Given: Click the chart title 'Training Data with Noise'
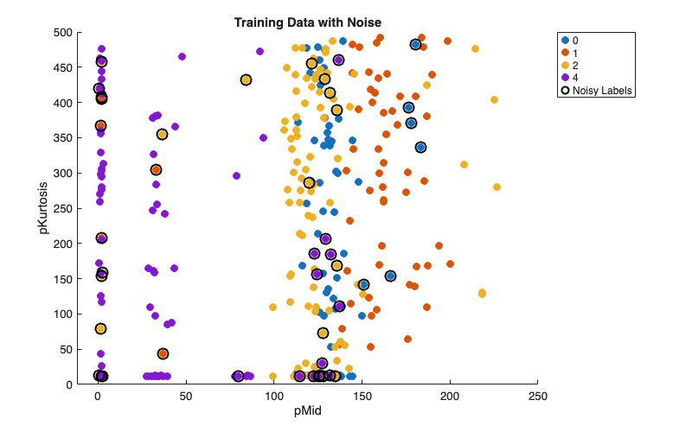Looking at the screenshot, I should pyautogui.click(x=308, y=22).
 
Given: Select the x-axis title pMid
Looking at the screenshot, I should pyautogui.click(x=308, y=410).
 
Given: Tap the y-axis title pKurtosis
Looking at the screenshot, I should pyautogui.click(x=42, y=207).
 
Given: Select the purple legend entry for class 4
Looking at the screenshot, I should pyautogui.click(x=577, y=77).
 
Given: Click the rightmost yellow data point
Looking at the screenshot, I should pyautogui.click(x=497, y=187).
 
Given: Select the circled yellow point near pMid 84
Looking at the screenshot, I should pyautogui.click(x=246, y=80).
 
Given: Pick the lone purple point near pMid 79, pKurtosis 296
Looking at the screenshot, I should pyautogui.click(x=236, y=175).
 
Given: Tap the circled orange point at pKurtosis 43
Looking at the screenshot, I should pyautogui.click(x=163, y=353).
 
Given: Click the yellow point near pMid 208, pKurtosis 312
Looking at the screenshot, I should pyautogui.click(x=464, y=164).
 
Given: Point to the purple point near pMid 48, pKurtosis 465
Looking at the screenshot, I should pyautogui.click(x=182, y=57).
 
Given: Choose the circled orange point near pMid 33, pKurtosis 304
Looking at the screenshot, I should pyautogui.click(x=156, y=170).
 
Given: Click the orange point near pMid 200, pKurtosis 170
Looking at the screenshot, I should pyautogui.click(x=450, y=264).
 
